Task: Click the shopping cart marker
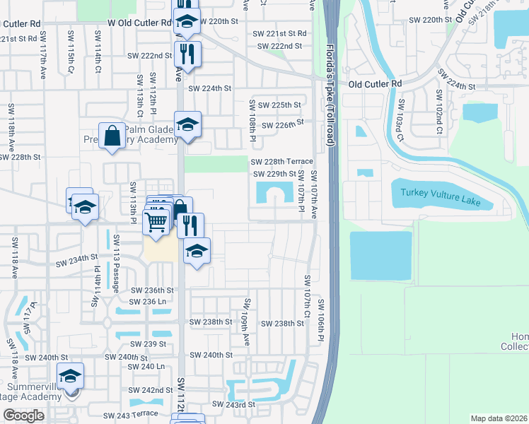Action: coord(157,220)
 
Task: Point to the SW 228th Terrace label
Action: coord(281,161)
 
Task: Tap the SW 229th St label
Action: coord(274,173)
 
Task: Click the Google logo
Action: coord(23,416)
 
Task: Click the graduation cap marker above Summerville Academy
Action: coord(70,377)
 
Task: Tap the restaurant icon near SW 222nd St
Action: coord(187,54)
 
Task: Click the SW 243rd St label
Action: coord(233,404)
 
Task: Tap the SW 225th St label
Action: coord(279,105)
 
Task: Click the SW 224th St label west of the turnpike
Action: coord(209,88)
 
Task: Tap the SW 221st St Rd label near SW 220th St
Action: coord(281,33)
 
